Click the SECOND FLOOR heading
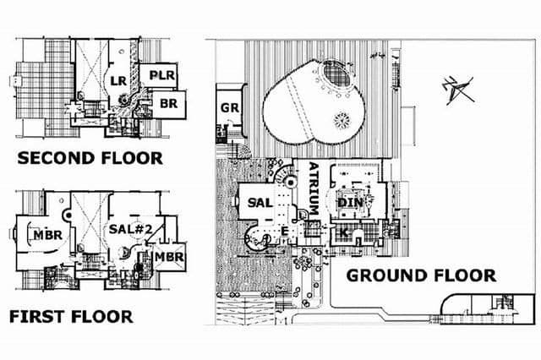(90, 158)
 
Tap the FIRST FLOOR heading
(71, 317)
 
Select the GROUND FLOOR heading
(421, 275)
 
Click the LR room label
(118, 81)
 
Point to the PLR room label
(162, 75)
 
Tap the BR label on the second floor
(169, 103)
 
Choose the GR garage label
(230, 108)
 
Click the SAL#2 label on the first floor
(130, 229)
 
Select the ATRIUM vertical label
(314, 188)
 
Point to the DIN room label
(350, 203)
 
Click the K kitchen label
(344, 232)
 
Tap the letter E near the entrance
(284, 231)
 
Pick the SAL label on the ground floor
(260, 203)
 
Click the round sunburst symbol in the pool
(342, 120)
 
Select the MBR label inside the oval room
(48, 235)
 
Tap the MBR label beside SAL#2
(169, 257)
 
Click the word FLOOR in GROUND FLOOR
(465, 275)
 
